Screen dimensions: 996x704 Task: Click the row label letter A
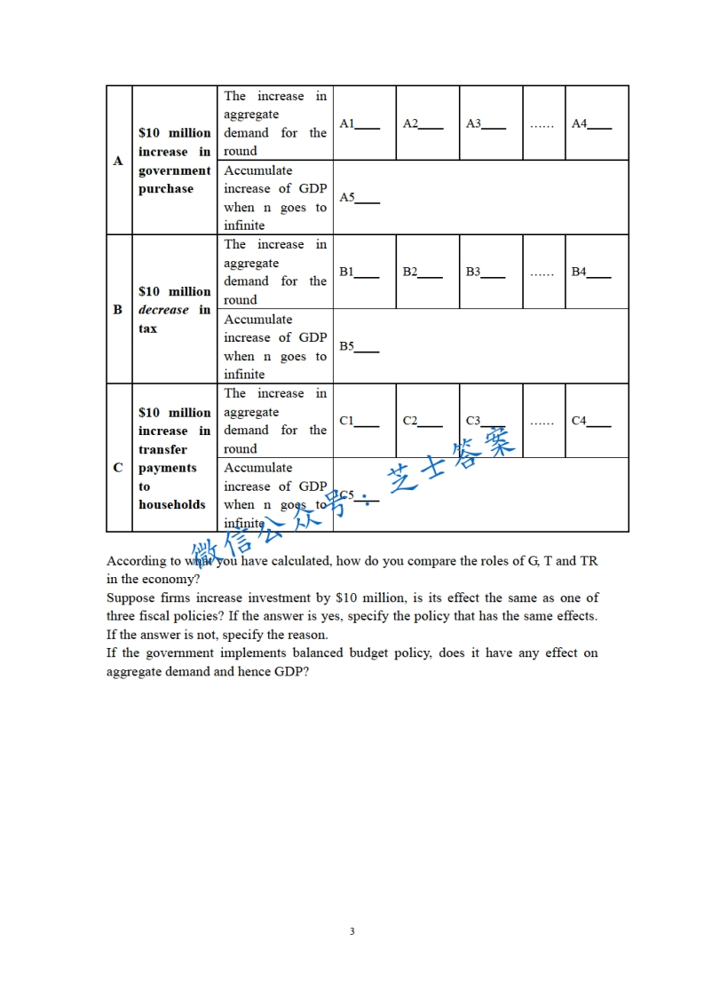pyautogui.click(x=118, y=162)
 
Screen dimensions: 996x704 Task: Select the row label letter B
pyautogui.click(x=118, y=310)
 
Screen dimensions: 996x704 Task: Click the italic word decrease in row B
pyautogui.click(x=164, y=310)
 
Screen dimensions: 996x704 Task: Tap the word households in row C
pyautogui.click(x=171, y=504)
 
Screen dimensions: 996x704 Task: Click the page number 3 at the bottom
pyautogui.click(x=352, y=931)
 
